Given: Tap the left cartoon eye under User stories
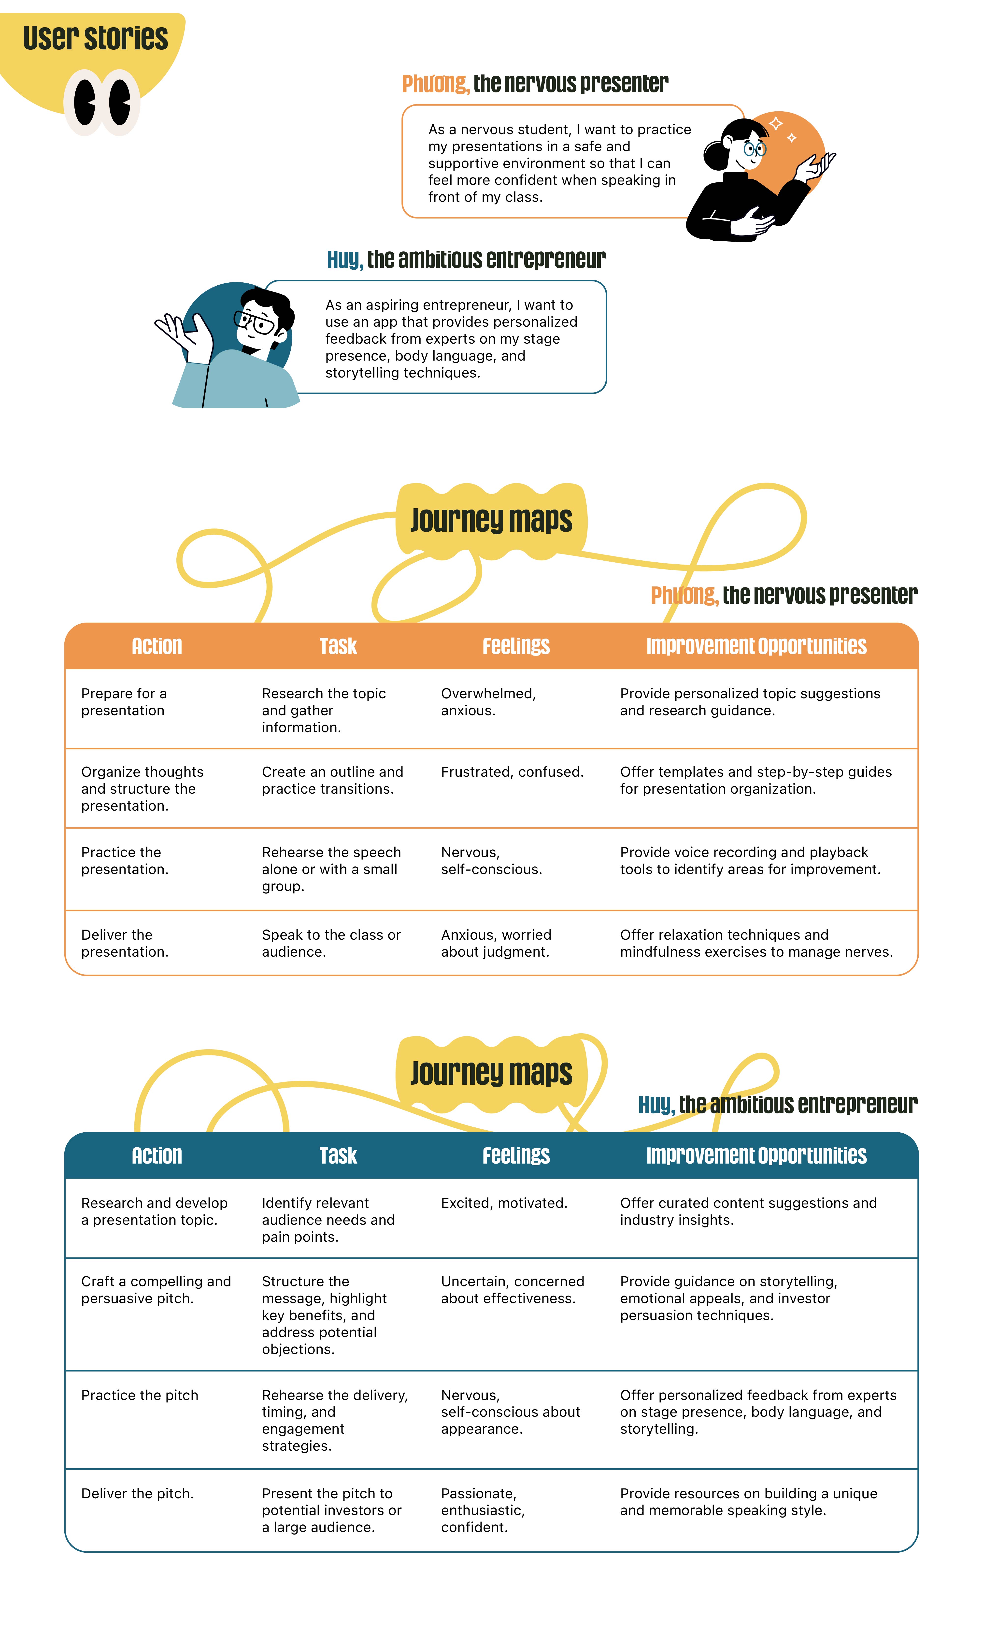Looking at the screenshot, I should [85, 103].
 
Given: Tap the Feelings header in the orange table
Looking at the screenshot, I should [516, 646].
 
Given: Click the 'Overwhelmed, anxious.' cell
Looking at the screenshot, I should [488, 702].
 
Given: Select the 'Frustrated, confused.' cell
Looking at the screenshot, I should [512, 772].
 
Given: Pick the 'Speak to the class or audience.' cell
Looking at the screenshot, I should [331, 943].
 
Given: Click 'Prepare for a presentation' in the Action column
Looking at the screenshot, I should [124, 702].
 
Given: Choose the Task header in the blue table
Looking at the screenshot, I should [338, 1156].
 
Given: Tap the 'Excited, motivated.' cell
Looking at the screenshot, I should [504, 1203].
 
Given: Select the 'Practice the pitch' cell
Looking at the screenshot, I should [140, 1395].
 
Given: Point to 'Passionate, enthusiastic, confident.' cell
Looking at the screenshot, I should [483, 1510].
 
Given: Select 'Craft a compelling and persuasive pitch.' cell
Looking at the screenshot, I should [156, 1289].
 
